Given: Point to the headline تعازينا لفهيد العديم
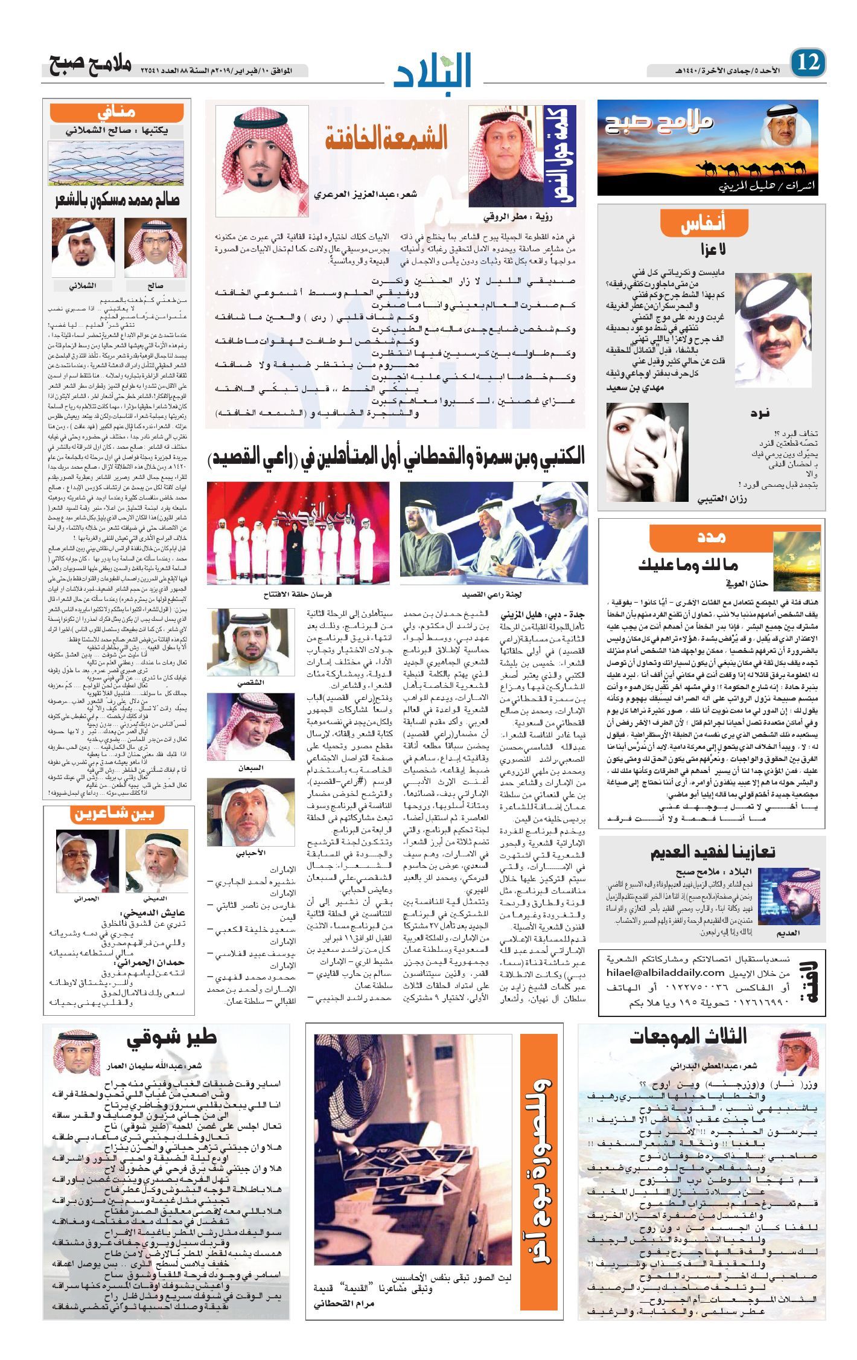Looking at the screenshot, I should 712,852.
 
